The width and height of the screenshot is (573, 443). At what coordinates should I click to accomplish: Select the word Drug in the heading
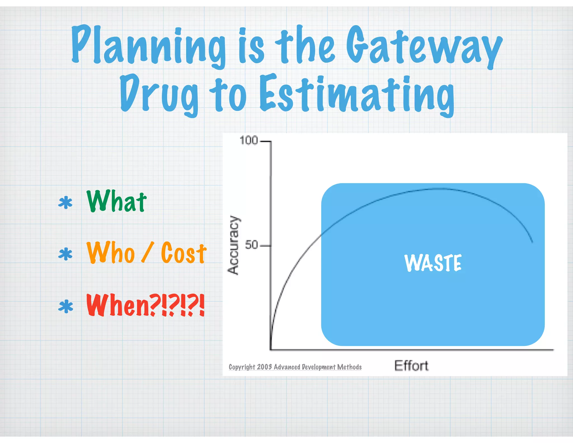159,94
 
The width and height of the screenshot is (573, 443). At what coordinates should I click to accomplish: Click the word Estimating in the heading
357,94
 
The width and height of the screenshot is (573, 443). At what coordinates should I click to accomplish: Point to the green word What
116,201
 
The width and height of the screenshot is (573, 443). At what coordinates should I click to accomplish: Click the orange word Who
111,253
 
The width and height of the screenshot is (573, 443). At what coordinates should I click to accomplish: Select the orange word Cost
184,253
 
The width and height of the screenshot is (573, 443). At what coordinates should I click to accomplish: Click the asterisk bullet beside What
65,203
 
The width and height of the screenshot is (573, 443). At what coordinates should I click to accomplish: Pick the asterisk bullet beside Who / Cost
65,254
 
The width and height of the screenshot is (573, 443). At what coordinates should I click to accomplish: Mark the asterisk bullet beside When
65,306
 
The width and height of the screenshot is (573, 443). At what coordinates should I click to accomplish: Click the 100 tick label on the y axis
248,140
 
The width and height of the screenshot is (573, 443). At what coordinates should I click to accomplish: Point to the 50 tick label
251,245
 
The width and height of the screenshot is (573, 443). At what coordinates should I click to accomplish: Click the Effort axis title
411,366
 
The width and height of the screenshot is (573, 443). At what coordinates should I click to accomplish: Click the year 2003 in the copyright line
264,367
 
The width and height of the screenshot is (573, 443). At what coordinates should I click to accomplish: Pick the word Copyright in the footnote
242,367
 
